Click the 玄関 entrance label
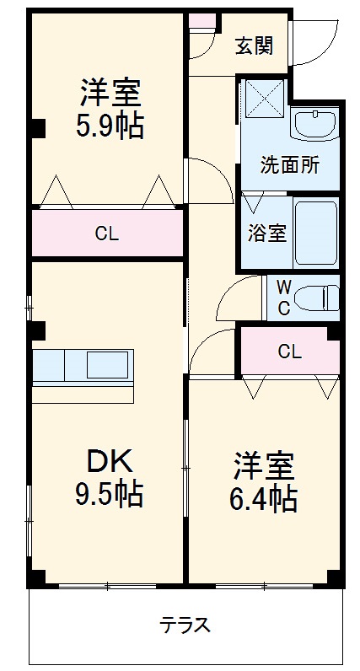pos(253,46)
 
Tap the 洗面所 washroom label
pos(289,165)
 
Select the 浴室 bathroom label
pos(266,233)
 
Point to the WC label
pos(284,298)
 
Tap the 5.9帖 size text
pos(110,126)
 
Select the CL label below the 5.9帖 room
pos(106,234)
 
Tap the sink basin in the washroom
pos(314,125)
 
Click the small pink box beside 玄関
pos(201,21)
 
